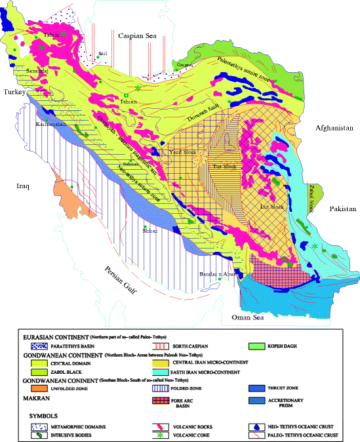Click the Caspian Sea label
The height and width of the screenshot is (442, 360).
(138, 37)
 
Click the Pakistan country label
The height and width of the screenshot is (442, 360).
(341, 209)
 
